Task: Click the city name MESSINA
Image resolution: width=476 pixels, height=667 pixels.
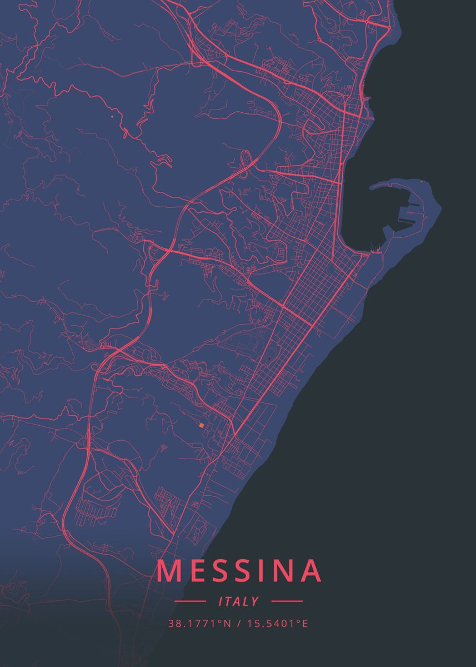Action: (239, 571)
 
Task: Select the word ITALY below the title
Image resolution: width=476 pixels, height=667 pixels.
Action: (239, 601)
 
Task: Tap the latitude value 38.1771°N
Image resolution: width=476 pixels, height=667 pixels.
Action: (199, 623)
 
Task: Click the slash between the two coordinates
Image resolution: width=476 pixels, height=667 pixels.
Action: (238, 623)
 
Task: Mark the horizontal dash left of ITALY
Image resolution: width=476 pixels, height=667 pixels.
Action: (190, 601)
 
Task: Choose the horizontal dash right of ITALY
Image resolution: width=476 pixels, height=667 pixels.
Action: (287, 601)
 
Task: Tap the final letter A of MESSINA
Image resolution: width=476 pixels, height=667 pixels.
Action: (310, 571)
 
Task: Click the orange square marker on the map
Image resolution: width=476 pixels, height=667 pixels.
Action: (202, 425)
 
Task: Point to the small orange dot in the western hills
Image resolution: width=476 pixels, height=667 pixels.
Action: (112, 117)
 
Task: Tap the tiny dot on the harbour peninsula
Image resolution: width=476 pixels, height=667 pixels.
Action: (422, 182)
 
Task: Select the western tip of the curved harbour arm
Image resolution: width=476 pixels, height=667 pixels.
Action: (371, 188)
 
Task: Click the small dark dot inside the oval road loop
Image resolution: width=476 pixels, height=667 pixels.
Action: (268, 359)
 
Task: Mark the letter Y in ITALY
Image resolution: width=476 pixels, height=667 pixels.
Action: (255, 601)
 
